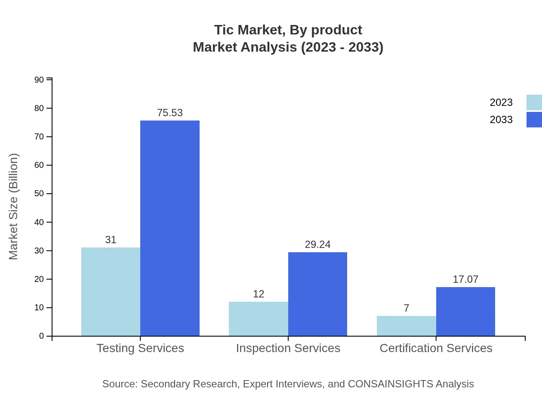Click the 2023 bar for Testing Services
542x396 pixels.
click(x=111, y=291)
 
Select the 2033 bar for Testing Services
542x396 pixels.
click(x=170, y=228)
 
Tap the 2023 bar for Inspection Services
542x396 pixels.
click(x=259, y=319)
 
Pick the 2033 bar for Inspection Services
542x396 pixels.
click(x=317, y=294)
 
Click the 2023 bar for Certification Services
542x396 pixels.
click(x=406, y=326)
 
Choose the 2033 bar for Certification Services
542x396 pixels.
click(x=465, y=311)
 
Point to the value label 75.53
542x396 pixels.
click(x=170, y=113)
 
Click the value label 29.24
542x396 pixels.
click(x=317, y=244)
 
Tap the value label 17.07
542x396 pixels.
click(x=465, y=279)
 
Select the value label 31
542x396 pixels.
click(x=111, y=240)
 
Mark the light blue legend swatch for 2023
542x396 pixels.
click(x=534, y=102)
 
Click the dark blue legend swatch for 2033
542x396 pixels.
click(x=534, y=120)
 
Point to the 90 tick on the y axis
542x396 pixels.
click(x=39, y=80)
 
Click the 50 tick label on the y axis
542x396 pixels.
click(x=39, y=194)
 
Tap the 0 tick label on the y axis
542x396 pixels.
click(x=42, y=336)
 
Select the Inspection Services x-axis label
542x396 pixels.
click(x=288, y=348)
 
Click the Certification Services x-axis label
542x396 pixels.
click(x=436, y=348)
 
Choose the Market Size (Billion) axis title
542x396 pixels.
click(x=14, y=207)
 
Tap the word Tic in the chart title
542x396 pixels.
click(x=224, y=30)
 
